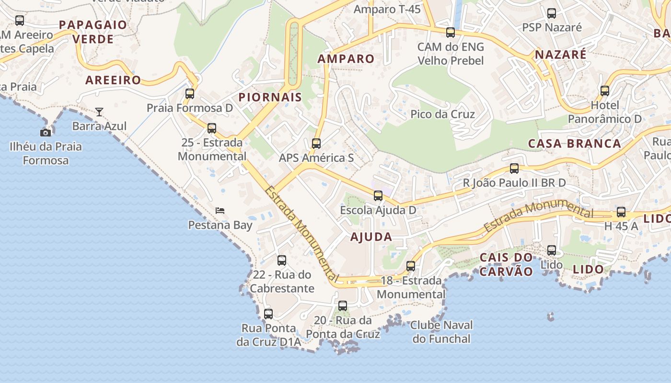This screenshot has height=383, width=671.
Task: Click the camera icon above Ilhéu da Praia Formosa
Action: pos(46,133)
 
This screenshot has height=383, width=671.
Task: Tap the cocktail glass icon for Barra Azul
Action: pos(99,112)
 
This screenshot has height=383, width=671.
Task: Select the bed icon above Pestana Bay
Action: pos(220,210)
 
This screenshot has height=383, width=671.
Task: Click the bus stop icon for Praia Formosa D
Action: pos(190,93)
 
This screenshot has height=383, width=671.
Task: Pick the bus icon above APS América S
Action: pos(316,143)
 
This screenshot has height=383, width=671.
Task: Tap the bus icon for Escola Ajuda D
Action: pos(378,195)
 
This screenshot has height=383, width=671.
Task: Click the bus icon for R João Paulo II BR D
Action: pos(514,168)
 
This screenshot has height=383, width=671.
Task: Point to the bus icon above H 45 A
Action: pos(621,212)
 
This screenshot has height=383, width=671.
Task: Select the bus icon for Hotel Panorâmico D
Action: pos(605,90)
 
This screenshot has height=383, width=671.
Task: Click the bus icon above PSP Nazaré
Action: pos(552,13)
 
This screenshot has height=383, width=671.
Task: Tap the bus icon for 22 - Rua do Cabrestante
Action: pos(282,260)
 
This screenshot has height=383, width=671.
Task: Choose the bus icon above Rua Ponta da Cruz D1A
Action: pos(268,314)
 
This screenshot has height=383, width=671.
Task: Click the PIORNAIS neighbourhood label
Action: pos(270,97)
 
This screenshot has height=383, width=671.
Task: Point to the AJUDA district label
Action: pos(371,237)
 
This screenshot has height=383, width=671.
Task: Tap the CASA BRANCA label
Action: pos(574,143)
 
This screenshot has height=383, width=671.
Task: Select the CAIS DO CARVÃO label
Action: pos(506,264)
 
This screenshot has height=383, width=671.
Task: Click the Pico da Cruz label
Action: pos(442,114)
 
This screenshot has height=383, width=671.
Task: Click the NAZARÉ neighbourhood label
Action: pos(560,55)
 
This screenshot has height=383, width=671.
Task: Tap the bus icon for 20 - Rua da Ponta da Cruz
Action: pos(343,305)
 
